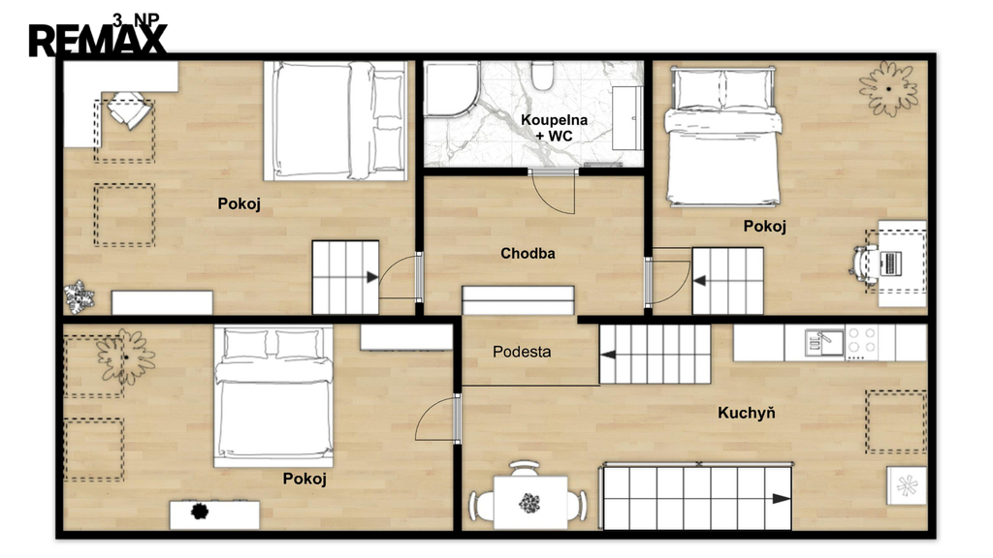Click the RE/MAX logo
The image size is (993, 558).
tap(98, 41)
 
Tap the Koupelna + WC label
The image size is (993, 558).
tap(554, 128)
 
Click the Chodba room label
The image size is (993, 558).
tap(528, 254)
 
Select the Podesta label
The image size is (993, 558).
tap(522, 352)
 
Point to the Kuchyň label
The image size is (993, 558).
tap(746, 413)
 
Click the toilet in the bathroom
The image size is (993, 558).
tap(542, 76)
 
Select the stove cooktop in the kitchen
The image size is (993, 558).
tap(862, 343)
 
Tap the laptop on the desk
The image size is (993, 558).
tap(890, 263)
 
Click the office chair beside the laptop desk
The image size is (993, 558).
tap(864, 263)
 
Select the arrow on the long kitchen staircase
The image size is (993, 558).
tap(781, 499)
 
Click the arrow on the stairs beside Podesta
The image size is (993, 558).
tap(608, 355)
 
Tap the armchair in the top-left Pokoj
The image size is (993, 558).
tap(130, 110)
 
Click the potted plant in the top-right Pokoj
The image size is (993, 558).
tap(888, 88)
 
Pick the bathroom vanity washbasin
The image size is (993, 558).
tap(627, 118)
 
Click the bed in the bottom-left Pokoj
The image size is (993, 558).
tap(273, 396)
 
